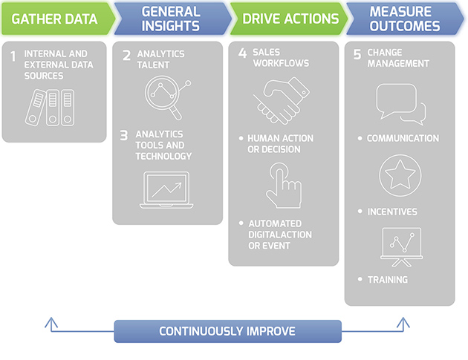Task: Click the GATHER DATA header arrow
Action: point(58,19)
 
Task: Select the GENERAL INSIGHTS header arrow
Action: point(172,19)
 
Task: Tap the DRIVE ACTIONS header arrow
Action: point(289,19)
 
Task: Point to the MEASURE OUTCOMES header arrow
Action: point(405,19)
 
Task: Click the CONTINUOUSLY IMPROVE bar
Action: point(228,331)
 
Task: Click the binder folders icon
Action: point(50,108)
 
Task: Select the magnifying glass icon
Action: point(167,97)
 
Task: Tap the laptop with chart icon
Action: point(166,190)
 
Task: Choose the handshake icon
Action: point(282,100)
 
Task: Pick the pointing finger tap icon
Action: point(284,186)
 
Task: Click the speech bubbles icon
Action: point(401,105)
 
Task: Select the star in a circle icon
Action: point(400,175)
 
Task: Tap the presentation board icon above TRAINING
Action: point(401,247)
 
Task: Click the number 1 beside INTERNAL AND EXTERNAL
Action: point(13,56)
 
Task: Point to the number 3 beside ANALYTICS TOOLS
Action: point(124,136)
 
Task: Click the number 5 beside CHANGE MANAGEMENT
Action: point(357,55)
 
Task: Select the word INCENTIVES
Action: point(392,212)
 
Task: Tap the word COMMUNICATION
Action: point(403,138)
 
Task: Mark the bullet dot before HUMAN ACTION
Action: point(241,138)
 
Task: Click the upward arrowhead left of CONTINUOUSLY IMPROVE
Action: point(51,322)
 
